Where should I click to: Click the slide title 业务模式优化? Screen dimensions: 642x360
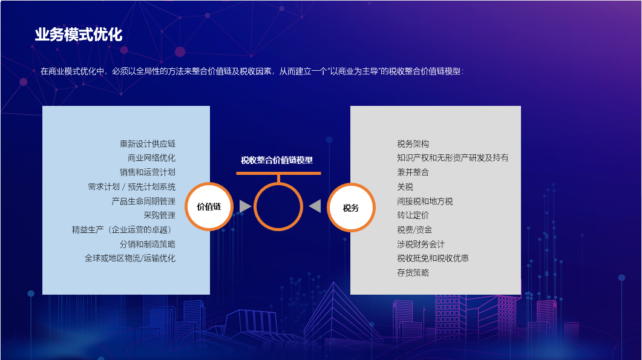pyautogui.click(x=79, y=34)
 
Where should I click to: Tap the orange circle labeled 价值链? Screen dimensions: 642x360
pyautogui.click(x=209, y=206)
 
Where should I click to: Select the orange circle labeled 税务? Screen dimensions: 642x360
pyautogui.click(x=351, y=208)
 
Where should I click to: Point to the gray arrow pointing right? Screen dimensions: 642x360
pyautogui.click(x=245, y=206)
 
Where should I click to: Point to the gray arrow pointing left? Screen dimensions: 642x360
pyautogui.click(x=315, y=206)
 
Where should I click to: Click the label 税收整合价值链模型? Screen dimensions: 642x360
pyautogui.click(x=277, y=160)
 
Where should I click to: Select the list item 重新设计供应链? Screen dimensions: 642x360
pyautogui.click(x=148, y=144)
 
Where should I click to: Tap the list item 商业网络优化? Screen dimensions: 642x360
pyautogui.click(x=151, y=158)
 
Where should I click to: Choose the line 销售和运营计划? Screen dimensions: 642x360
pyautogui.click(x=148, y=172)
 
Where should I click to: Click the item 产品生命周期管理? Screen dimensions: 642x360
pyautogui.click(x=143, y=201)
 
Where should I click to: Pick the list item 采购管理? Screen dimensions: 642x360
pyautogui.click(x=159, y=215)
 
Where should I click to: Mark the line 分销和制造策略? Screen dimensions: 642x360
pyautogui.click(x=148, y=244)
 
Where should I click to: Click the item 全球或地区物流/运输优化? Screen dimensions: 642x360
pyautogui.click(x=130, y=258)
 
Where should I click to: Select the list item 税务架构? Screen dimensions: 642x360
pyautogui.click(x=413, y=144)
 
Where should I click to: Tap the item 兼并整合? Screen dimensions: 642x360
pyautogui.click(x=413, y=172)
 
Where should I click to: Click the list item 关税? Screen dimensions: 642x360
pyautogui.click(x=405, y=187)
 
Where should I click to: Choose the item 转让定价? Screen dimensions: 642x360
pyautogui.click(x=413, y=215)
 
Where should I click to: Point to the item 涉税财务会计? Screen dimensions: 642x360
pyautogui.click(x=421, y=244)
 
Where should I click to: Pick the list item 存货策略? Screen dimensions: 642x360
pyautogui.click(x=413, y=272)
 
